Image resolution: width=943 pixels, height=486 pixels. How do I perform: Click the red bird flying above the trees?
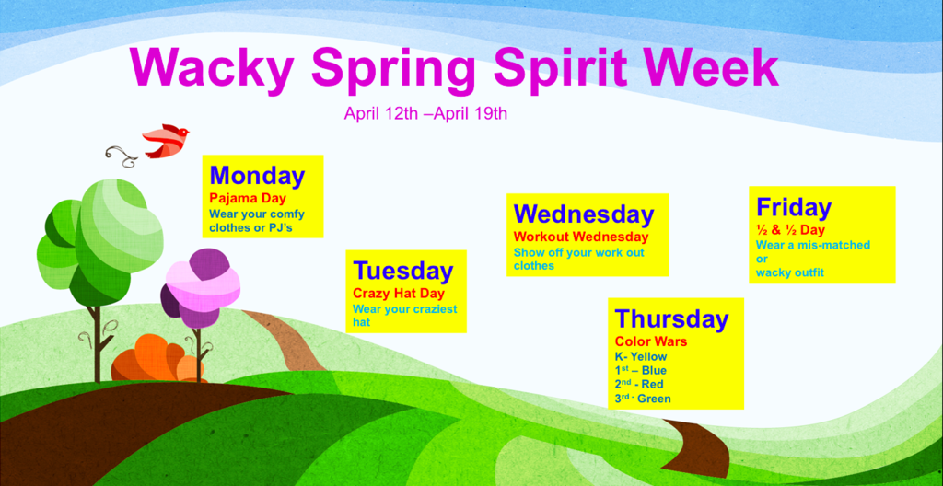coord(166,141)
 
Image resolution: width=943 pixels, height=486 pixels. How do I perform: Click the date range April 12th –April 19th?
coord(425,113)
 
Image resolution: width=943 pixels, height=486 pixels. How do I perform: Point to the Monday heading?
coord(258,176)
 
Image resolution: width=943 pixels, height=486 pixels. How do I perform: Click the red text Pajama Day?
coord(248,198)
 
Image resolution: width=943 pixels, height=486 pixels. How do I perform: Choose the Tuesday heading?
coord(402,272)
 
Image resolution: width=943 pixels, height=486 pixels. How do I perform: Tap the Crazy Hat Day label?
coord(398,294)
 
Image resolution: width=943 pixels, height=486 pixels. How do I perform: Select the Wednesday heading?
coord(583,214)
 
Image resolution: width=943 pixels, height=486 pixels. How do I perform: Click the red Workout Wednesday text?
coord(581,237)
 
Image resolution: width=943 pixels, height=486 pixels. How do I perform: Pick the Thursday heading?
coord(671,318)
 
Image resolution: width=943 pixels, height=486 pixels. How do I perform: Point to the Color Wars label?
coord(651,341)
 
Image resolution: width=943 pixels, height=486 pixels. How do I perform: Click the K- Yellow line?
coord(641,357)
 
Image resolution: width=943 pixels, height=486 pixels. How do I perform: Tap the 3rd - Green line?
coord(642,399)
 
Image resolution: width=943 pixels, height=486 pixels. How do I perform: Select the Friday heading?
coord(794,207)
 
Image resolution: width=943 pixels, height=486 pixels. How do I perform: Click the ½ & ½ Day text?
coord(790,230)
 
